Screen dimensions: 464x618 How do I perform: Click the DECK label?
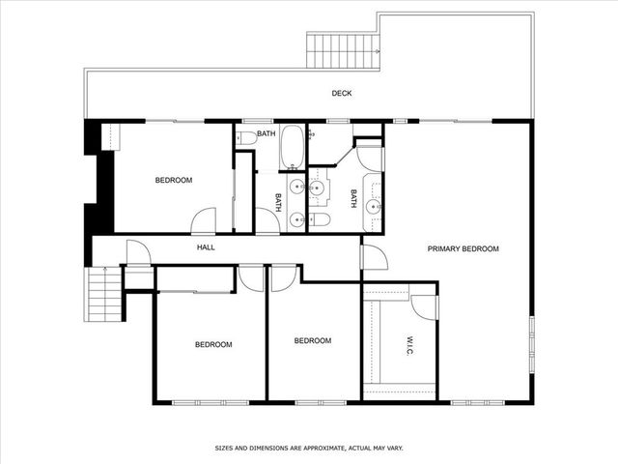[342, 94]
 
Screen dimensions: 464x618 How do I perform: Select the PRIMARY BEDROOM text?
[463, 248]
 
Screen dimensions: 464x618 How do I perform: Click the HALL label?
[206, 247]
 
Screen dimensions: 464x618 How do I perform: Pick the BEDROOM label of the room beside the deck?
[174, 181]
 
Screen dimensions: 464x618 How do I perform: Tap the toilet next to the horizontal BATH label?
[246, 137]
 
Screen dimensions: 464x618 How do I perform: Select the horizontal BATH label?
[266, 133]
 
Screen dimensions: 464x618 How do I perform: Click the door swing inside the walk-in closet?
[424, 304]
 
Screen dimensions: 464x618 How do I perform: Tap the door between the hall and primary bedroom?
[374, 256]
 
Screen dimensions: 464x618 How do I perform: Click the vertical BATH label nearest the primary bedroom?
[353, 199]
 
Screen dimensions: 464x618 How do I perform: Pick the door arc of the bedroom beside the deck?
[204, 221]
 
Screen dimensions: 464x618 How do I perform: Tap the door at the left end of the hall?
[137, 253]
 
